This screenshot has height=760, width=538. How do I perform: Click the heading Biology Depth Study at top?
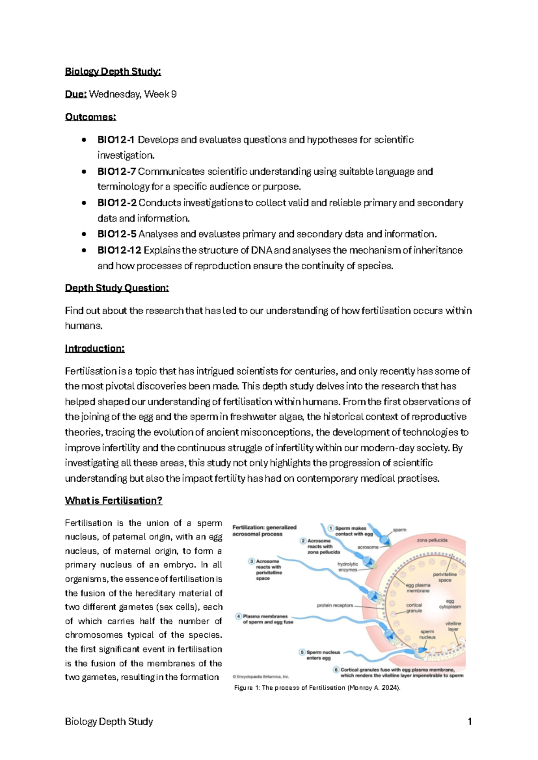coord(113,72)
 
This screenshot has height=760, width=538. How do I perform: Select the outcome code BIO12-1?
coord(116,140)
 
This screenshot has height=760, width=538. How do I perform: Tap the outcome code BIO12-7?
coord(116,172)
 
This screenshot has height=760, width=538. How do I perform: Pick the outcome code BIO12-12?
coord(119,250)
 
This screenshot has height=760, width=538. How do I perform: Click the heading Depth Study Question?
coord(117,288)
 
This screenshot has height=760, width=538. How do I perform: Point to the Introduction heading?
coord(95,348)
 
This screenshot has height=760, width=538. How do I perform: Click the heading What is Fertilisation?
coord(113,501)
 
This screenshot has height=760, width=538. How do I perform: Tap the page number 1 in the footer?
coord(469,721)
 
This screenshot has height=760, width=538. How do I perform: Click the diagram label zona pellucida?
coord(432,540)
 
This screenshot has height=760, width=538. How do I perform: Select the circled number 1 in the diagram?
coord(331,528)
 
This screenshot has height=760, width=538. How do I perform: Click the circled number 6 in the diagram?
coord(336,669)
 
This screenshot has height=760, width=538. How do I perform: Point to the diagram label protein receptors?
coord(335,605)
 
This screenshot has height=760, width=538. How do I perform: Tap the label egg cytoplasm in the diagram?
coord(450,604)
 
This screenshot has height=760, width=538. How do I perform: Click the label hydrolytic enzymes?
coord(348,567)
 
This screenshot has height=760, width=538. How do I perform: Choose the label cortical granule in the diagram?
coord(414,608)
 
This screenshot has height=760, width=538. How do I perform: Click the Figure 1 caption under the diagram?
coord(317,687)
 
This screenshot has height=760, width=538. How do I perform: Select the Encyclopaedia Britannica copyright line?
coord(260,677)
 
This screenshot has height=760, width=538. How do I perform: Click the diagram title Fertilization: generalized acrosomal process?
coord(264,531)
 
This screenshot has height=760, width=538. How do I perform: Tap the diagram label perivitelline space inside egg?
coord(445,577)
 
